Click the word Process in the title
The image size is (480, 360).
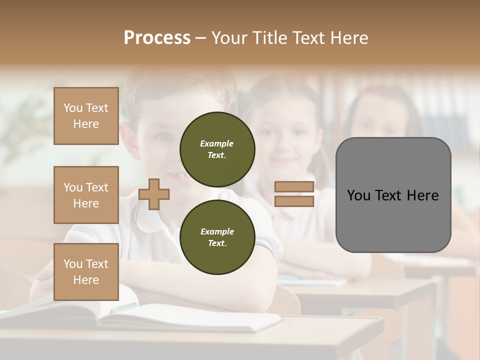coord(157,37)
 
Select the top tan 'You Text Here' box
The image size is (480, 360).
coord(86,116)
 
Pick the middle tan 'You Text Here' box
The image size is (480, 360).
coord(86,195)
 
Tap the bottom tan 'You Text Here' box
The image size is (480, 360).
coord(86,272)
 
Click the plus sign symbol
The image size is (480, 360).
coord(154,194)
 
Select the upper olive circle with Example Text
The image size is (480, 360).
coord(217,149)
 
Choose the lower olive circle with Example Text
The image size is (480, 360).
coord(217,237)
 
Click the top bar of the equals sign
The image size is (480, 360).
coord(294,186)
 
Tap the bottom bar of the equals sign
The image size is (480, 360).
coord(294,201)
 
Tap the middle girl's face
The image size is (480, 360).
coord(286,135)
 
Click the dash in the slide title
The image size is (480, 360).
coord(201,38)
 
